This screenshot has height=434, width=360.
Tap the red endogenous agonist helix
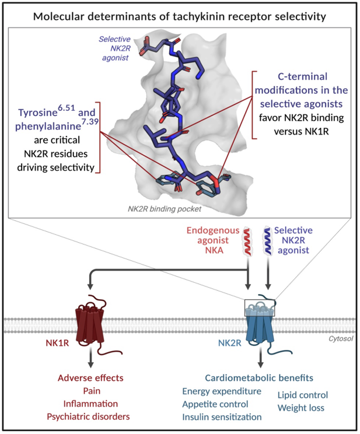[x=247, y=241]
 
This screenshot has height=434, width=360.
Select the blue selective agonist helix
[x=267, y=240]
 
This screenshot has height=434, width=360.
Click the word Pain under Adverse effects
[x=92, y=391]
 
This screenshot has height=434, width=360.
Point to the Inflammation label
[x=90, y=404]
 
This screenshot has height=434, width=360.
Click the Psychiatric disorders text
[x=88, y=416]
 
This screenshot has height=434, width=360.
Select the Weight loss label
[x=300, y=408]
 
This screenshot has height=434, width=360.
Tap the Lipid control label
[x=303, y=395]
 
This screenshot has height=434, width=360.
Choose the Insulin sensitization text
[x=222, y=417]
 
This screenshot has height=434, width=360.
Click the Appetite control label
[x=215, y=404]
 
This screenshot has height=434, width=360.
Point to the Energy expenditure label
[x=222, y=391]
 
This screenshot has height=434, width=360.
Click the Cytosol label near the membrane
[x=341, y=338]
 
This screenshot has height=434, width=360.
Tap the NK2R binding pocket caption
[x=165, y=209]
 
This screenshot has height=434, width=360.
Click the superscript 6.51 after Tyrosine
[x=67, y=107]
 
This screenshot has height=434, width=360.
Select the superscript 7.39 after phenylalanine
[x=90, y=121]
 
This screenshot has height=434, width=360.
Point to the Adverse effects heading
[x=90, y=378]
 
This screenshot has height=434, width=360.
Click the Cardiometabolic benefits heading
[x=259, y=378]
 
